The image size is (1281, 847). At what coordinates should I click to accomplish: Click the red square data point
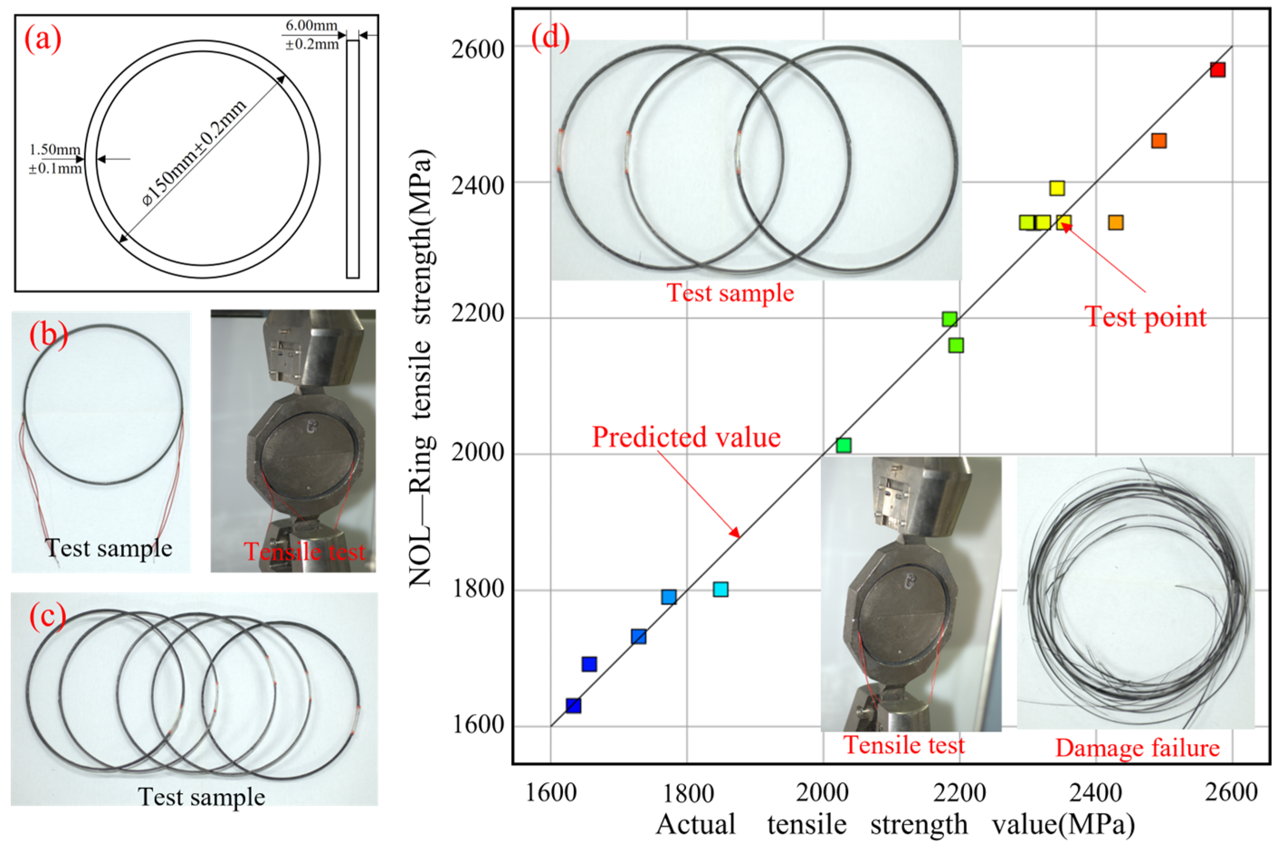point(1218,70)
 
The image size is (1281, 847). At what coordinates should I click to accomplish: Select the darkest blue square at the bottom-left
point(573,705)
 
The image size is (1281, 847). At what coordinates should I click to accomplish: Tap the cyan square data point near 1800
point(720,589)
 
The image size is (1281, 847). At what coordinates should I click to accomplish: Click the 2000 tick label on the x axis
point(823,792)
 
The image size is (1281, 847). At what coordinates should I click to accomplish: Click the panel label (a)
point(43,39)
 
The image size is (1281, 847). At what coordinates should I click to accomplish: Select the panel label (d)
point(550,38)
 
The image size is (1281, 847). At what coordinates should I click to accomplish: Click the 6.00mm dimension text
point(311,25)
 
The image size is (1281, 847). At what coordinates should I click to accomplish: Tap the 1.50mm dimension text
point(55,150)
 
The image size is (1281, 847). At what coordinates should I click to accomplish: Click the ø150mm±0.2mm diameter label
point(195,153)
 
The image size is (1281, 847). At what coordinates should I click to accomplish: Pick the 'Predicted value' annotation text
point(686,437)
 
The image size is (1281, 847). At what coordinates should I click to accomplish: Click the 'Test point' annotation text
point(1146,317)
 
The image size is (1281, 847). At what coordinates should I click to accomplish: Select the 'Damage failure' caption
point(1137,748)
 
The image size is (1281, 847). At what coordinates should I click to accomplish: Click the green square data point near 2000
point(843,445)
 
